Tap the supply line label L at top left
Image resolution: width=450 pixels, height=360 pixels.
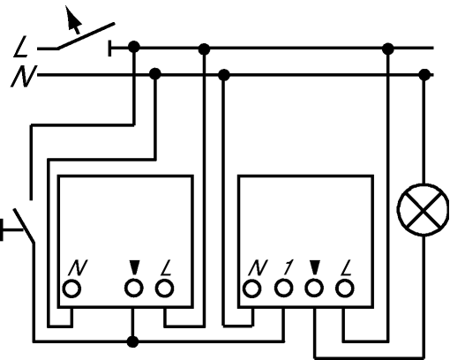point(21,47)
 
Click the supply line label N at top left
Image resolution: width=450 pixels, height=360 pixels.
point(24,76)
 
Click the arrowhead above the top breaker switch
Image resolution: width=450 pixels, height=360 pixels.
point(72,19)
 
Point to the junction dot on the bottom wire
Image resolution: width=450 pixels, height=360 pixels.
point(132,341)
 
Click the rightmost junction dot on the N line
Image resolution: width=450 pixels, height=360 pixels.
point(424,75)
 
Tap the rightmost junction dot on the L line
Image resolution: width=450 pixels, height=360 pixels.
point(388,49)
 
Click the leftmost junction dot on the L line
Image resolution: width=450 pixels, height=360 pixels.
point(134,47)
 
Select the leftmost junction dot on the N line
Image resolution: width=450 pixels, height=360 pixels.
point(155,74)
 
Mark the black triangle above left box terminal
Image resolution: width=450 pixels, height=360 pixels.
point(134,267)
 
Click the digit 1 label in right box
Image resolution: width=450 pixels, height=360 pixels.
point(288,267)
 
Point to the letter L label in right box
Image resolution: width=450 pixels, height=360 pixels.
point(347,267)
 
